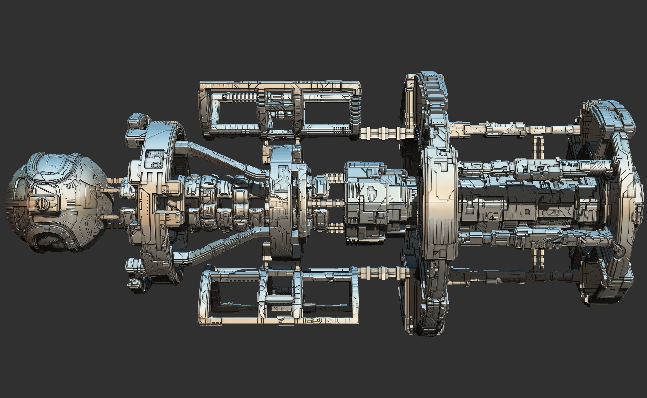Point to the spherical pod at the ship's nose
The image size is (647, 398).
58,203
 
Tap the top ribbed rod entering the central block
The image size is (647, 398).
334,178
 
